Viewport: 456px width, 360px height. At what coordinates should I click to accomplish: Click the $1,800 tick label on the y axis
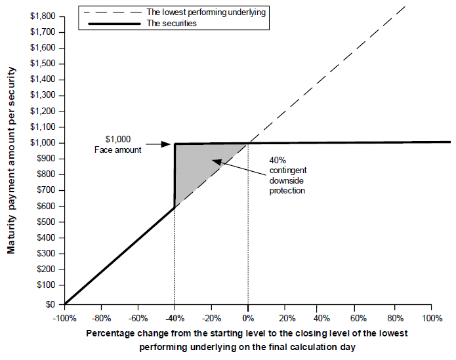tap(43, 16)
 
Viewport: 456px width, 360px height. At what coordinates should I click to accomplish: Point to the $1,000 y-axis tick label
tap(43, 143)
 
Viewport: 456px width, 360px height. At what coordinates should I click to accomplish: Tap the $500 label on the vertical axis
tap(46, 222)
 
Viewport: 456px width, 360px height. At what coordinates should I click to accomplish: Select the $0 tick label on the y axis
tap(51, 304)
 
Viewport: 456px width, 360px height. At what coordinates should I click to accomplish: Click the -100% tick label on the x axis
tap(64, 319)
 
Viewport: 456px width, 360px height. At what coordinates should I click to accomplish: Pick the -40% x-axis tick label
tap(175, 319)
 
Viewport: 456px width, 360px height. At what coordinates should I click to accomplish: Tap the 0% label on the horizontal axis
tap(248, 319)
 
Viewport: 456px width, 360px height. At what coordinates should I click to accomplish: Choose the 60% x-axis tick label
tap(358, 319)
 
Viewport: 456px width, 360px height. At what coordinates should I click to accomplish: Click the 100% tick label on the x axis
tap(432, 319)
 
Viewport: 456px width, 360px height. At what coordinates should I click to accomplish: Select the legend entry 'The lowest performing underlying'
tap(206, 12)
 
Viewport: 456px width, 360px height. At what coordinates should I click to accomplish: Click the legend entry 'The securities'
tap(172, 23)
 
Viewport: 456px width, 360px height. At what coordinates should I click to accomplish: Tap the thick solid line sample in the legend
tap(115, 24)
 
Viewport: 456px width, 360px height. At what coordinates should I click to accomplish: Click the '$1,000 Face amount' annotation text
tap(118, 144)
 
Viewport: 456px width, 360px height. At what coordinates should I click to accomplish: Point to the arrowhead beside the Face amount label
tap(166, 144)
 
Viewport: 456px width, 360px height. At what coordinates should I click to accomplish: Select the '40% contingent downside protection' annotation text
tap(287, 176)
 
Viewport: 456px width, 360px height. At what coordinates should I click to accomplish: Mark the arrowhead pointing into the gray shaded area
tap(217, 161)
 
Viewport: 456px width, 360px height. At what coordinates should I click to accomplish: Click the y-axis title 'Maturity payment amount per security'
tap(11, 161)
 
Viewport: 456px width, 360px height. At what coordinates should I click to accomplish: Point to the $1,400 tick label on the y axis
tap(43, 79)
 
